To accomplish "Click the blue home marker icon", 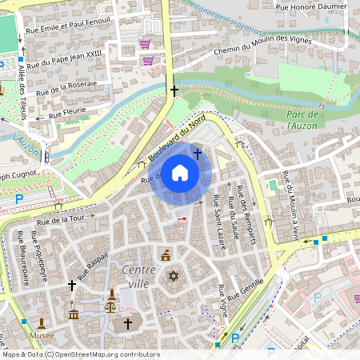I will click(180, 173).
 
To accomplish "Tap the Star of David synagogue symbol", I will click(172, 275).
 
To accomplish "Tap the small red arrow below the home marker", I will click(182, 218).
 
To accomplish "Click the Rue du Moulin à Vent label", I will click(290, 203).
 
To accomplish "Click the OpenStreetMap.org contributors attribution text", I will click(104, 354).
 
